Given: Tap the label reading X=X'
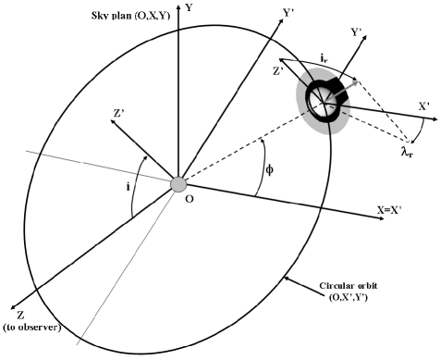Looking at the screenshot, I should tap(394, 211).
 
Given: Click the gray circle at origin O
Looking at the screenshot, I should tap(178, 184).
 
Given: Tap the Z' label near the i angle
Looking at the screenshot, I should tap(119, 117).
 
